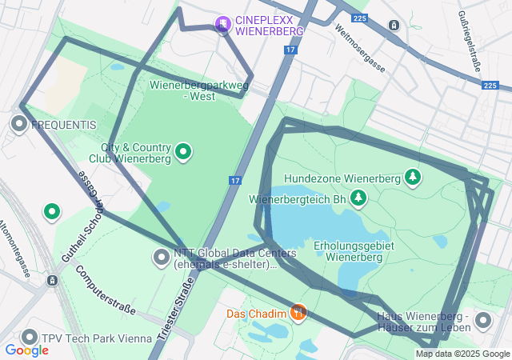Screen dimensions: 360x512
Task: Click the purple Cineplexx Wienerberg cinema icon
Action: (223, 24)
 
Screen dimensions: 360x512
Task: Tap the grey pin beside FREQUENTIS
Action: (19, 124)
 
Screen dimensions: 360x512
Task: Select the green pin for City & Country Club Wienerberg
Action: (183, 151)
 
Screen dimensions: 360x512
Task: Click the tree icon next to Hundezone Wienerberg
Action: (413, 176)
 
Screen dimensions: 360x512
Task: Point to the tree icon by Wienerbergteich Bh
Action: (359, 196)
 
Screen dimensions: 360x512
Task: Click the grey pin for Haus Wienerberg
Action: (482, 321)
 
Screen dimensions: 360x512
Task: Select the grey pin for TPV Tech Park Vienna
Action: (30, 338)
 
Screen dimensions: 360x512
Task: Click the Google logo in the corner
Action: (26, 350)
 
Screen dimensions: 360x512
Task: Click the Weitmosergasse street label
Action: (361, 49)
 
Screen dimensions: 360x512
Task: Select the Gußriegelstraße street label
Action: (469, 40)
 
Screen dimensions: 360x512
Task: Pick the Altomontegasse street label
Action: (15, 248)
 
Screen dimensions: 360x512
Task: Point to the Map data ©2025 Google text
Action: (462, 354)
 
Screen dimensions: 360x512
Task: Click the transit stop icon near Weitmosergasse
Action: (394, 25)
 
